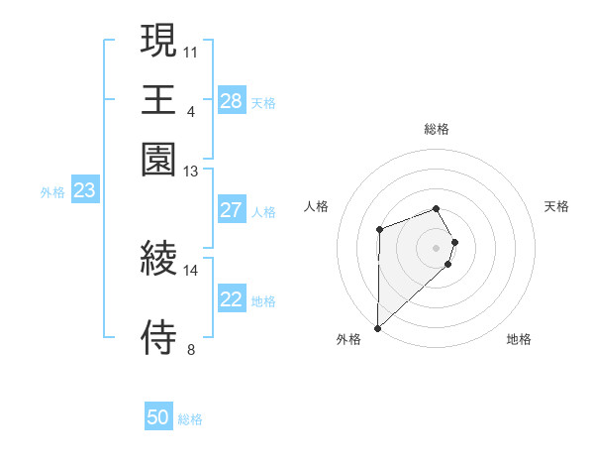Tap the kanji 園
point(159,159)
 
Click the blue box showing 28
point(231,101)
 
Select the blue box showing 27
point(231,210)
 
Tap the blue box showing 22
point(231,299)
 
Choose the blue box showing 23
point(84,191)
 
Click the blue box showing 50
point(158,417)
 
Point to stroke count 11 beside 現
point(191,51)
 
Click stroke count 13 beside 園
point(191,172)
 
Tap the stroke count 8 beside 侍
point(191,349)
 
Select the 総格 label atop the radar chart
point(437,129)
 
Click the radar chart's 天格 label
point(556,206)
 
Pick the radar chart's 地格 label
point(519,339)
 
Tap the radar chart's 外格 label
point(348,339)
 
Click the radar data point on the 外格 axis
point(377,327)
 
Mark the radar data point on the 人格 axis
point(379,229)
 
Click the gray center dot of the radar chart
point(437,247)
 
